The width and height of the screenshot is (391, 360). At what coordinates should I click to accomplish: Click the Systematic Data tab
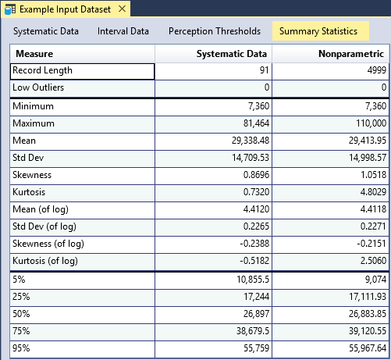click(x=46, y=31)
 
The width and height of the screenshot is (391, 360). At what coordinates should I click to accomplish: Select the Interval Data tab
click(x=123, y=31)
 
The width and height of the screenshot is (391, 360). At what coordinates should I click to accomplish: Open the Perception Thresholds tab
click(x=215, y=31)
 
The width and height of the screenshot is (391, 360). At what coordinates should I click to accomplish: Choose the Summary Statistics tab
click(x=318, y=31)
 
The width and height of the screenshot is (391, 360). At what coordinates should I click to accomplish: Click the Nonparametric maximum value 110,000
click(x=366, y=123)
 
